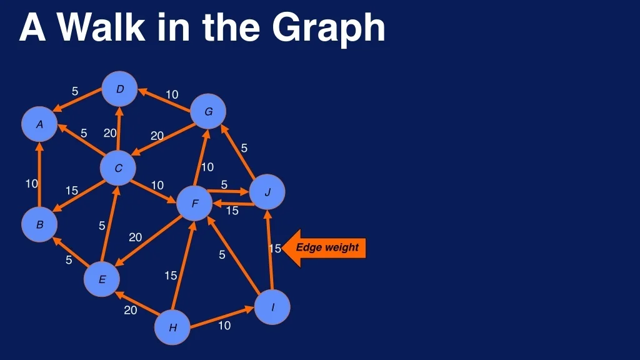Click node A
click(x=39, y=124)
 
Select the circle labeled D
click(x=119, y=89)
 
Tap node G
click(x=208, y=111)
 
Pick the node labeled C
click(x=118, y=168)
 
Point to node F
click(x=195, y=203)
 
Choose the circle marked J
click(x=267, y=192)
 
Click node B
click(x=39, y=224)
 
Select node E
click(x=102, y=279)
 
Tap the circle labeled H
click(x=172, y=327)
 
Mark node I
click(x=272, y=307)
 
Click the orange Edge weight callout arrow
click(x=324, y=248)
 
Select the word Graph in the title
click(x=329, y=28)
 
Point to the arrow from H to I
click(x=222, y=317)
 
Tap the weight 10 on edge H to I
click(x=224, y=325)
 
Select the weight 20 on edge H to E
click(x=130, y=310)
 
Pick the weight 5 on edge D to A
click(x=75, y=91)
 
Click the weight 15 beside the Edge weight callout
click(x=275, y=248)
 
